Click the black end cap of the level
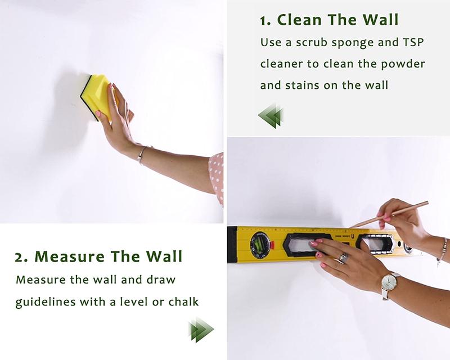232,244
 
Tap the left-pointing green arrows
270,116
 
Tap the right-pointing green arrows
201,330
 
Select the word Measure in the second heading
69,256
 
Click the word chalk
184,301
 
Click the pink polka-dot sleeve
217,178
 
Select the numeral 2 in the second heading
19,257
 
